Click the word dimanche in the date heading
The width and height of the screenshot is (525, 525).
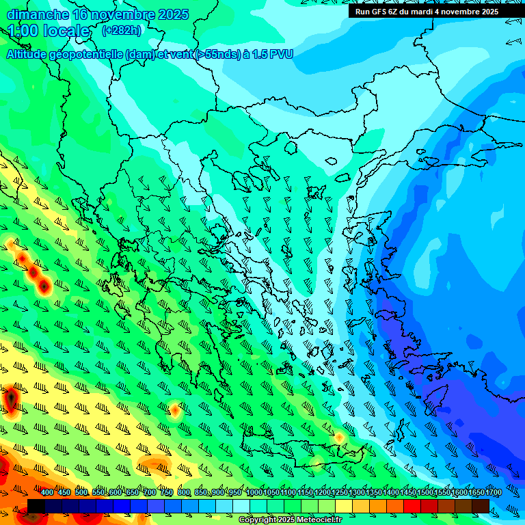pyautogui.click(x=38, y=14)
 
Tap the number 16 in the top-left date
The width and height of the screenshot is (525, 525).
pyautogui.click(x=80, y=14)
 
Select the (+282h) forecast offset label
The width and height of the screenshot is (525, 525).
pyautogui.click(x=122, y=31)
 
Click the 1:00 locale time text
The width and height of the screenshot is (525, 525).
pyautogui.click(x=49, y=31)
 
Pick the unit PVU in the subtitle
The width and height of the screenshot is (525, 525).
pyautogui.click(x=280, y=54)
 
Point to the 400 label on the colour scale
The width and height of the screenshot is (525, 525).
pyautogui.click(x=47, y=493)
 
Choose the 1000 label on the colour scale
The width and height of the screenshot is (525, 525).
pyautogui.click(x=254, y=493)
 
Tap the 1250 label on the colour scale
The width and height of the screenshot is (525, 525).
pyautogui.click(x=340, y=493)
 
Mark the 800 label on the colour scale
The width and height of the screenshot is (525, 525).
pyautogui.click(x=184, y=493)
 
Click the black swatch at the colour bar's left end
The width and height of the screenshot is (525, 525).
pyautogui.click(x=36, y=506)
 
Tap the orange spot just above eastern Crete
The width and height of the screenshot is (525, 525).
pyautogui.click(x=338, y=437)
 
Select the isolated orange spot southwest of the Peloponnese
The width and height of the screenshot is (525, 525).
pyautogui.click(x=175, y=411)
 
